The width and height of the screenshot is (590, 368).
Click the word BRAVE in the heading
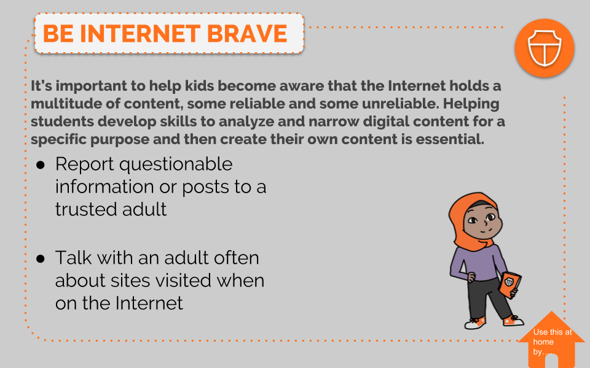click(x=247, y=33)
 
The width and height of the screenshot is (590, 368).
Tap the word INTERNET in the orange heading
click(x=140, y=33)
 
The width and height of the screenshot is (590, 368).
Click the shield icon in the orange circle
click(x=545, y=48)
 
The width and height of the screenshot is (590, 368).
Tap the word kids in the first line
click(x=199, y=86)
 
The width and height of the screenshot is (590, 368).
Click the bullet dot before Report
click(x=41, y=165)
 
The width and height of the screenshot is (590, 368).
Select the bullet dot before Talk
click(x=41, y=258)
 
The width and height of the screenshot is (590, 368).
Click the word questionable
click(x=176, y=165)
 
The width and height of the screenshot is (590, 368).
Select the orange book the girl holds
click(x=510, y=285)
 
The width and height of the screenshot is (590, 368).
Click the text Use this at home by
click(x=552, y=342)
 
